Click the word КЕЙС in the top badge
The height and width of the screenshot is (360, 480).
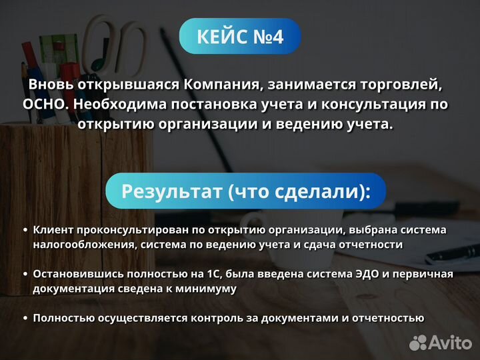tap(219, 37)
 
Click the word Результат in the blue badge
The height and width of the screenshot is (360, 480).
tap(171, 191)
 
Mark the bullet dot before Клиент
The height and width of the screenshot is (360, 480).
tap(25, 230)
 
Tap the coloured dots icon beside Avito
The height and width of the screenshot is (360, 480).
tap(418, 343)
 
